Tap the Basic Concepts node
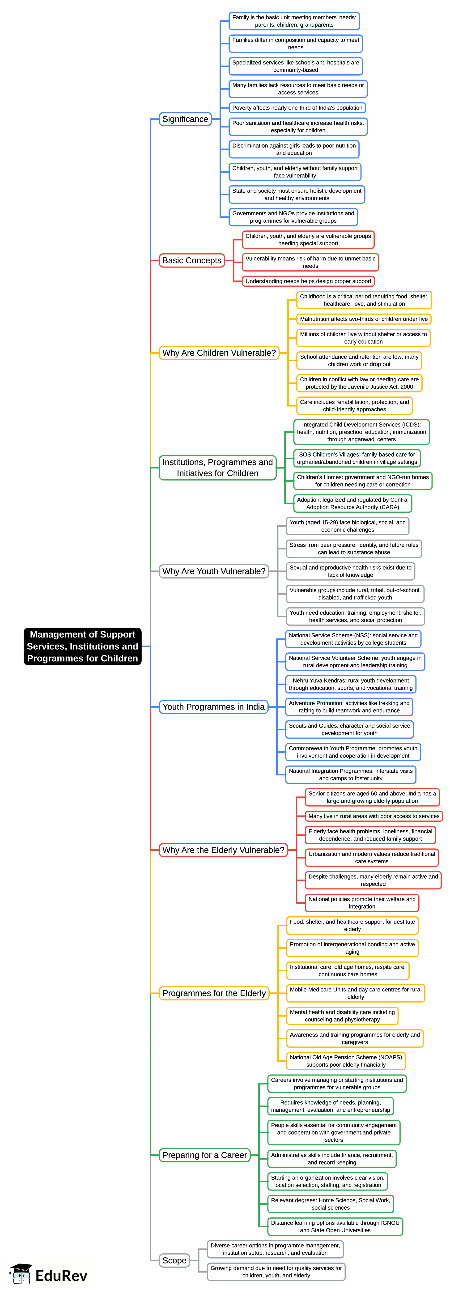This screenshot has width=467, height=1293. click(x=192, y=260)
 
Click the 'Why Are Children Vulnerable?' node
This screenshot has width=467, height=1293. click(x=219, y=353)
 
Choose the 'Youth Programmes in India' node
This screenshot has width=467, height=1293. click(x=213, y=707)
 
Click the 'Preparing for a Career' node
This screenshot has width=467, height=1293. click(x=204, y=1155)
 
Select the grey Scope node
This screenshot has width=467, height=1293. click(x=174, y=1260)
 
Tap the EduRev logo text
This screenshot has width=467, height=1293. click(x=61, y=1276)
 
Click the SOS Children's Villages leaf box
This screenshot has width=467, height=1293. click(x=357, y=458)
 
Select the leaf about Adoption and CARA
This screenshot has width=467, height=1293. click(x=352, y=503)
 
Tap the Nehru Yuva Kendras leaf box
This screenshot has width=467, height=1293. click(x=351, y=684)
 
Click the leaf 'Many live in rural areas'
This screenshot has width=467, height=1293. click(x=374, y=816)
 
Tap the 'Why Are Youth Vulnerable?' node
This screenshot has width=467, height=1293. click(x=214, y=571)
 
